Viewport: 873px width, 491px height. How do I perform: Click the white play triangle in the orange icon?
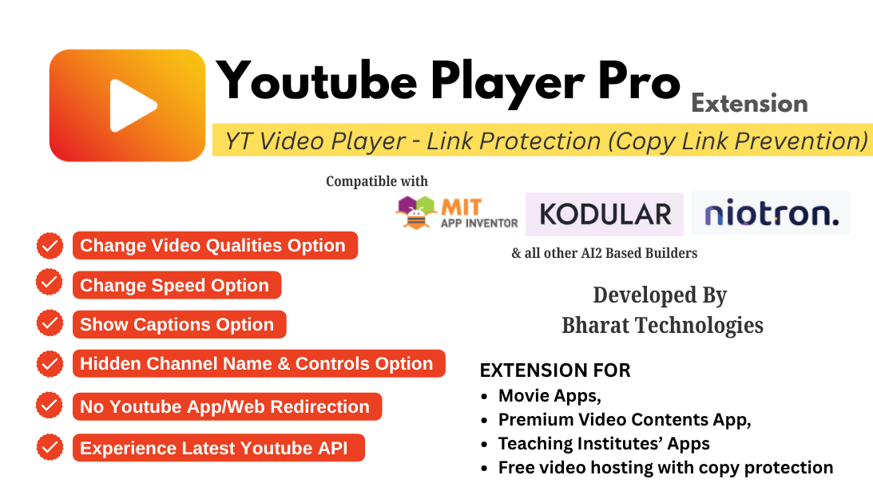[131, 105]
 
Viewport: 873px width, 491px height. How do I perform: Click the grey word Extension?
[748, 104]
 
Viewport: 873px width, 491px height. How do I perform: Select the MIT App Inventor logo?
[456, 213]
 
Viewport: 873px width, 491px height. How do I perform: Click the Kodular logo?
[604, 214]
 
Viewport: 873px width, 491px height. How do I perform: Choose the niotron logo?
[770, 213]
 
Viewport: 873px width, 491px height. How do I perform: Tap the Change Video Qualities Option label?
[213, 246]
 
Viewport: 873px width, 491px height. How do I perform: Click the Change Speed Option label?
[175, 286]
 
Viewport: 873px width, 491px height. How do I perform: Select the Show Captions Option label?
[177, 325]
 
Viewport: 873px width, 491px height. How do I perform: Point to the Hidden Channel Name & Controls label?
[257, 364]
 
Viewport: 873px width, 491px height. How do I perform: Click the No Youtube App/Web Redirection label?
[225, 407]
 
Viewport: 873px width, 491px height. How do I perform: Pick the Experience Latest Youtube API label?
[215, 449]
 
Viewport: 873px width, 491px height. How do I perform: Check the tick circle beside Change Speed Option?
[50, 283]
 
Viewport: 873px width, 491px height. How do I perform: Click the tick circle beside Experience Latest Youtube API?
[50, 446]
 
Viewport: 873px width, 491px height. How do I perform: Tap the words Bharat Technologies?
[662, 326]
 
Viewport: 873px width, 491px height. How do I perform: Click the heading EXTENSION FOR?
[555, 370]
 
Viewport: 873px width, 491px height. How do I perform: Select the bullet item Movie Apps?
[550, 395]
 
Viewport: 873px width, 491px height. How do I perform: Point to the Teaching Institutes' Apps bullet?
[604, 443]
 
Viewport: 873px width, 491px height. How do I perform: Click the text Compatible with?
[377, 181]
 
